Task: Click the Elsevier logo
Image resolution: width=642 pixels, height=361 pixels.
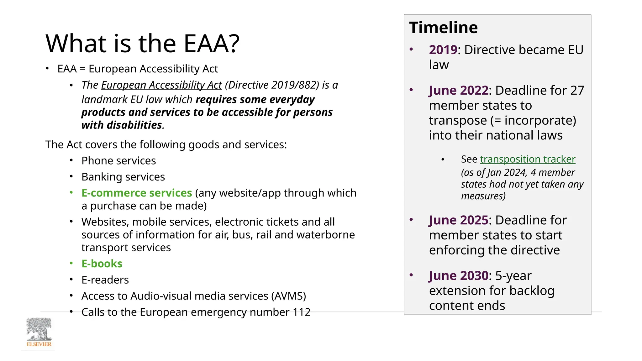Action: coord(39,333)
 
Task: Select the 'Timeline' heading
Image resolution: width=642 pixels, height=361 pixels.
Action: coord(443,27)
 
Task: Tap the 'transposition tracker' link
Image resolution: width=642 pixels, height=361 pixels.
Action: coord(528,159)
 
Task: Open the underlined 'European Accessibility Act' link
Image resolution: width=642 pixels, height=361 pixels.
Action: coord(161,85)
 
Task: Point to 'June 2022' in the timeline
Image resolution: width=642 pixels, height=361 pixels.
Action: coord(459,91)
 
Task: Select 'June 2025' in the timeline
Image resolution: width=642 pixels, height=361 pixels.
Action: coord(459,220)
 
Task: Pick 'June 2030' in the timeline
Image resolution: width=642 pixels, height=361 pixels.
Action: coord(459,276)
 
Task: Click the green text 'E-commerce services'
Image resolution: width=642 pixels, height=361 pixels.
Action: coord(137,193)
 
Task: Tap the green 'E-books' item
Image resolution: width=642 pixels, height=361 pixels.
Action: coord(102,264)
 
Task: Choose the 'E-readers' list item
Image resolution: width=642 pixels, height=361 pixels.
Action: coord(105,280)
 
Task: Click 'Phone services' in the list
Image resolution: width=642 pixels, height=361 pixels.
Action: coord(118,161)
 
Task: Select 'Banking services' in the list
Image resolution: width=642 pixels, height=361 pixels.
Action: coord(123,177)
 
